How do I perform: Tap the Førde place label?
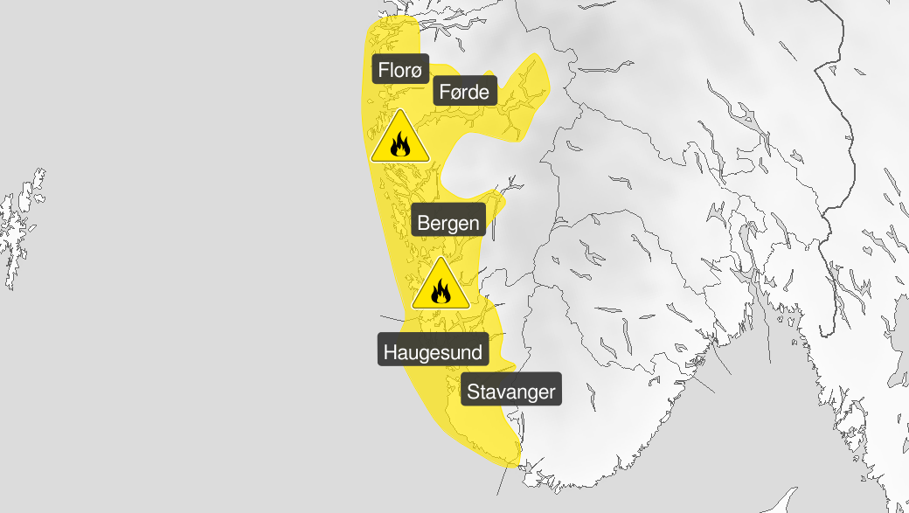(x=465, y=91)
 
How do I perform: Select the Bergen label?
(x=448, y=223)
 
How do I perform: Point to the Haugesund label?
(x=433, y=353)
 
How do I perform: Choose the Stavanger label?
(x=510, y=392)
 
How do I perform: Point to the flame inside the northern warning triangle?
(x=400, y=144)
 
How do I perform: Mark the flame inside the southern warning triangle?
(x=441, y=292)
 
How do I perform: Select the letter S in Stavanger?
(x=473, y=392)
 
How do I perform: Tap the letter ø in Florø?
(x=417, y=71)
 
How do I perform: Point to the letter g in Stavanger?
(x=526, y=393)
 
